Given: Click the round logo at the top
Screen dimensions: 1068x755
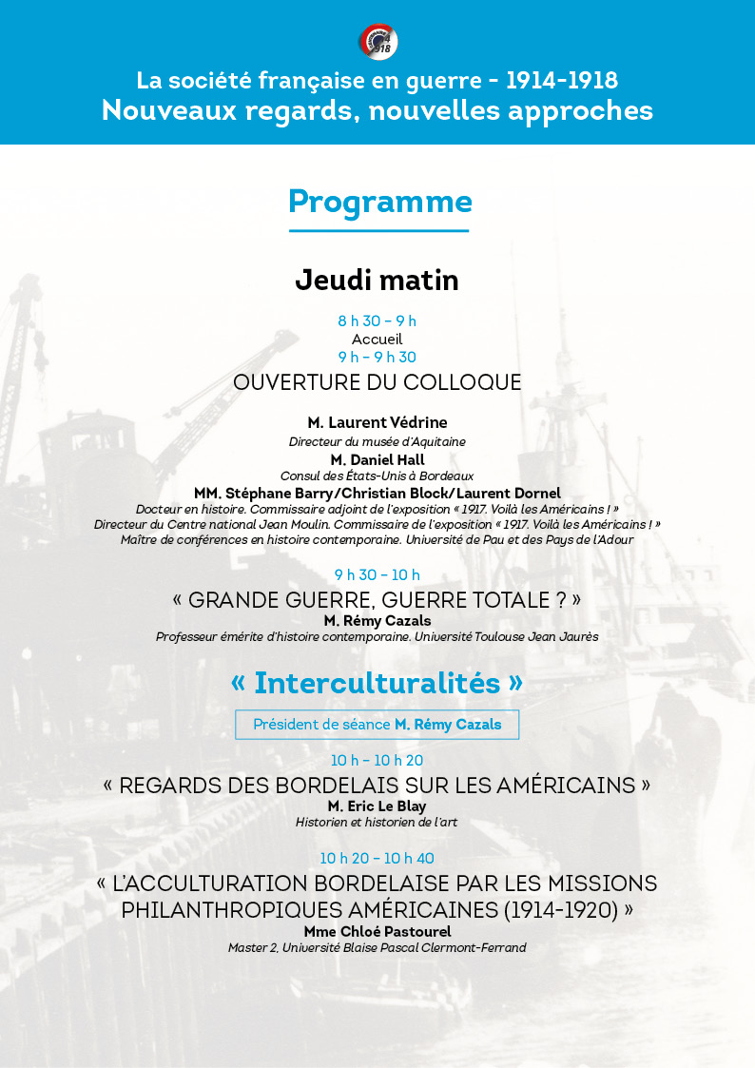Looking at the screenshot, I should click(x=377, y=42).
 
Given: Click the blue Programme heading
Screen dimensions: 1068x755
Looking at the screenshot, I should click(x=379, y=203).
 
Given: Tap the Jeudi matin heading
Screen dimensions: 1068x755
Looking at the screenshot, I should click(x=377, y=281).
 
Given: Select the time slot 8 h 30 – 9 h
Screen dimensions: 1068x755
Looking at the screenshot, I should click(x=377, y=320).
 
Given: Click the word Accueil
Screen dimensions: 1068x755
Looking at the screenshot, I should click(x=377, y=339).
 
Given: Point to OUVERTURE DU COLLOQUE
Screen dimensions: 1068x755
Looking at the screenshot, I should click(x=377, y=382).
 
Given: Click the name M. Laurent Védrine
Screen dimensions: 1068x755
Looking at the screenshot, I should click(x=377, y=422).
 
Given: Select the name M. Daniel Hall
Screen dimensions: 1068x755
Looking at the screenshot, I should click(x=377, y=460).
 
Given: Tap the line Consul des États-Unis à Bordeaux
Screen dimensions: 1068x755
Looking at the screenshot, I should click(x=377, y=476).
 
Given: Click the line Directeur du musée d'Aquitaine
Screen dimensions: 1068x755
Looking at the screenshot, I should click(x=377, y=441).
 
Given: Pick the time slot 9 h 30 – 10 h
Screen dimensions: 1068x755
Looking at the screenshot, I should click(x=377, y=574).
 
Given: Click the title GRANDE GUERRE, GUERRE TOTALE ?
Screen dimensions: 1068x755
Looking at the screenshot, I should click(x=377, y=600).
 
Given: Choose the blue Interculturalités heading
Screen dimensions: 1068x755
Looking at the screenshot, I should click(x=377, y=683).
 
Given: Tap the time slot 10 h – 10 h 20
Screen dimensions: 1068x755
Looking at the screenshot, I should click(x=377, y=760).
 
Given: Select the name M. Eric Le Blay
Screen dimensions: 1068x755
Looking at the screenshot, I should click(x=377, y=806).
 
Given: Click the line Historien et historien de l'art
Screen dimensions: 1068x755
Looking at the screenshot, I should click(x=377, y=822).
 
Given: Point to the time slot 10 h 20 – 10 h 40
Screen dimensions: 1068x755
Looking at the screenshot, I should click(x=377, y=859).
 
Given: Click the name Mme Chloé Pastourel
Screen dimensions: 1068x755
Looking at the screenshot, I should click(x=377, y=931).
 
